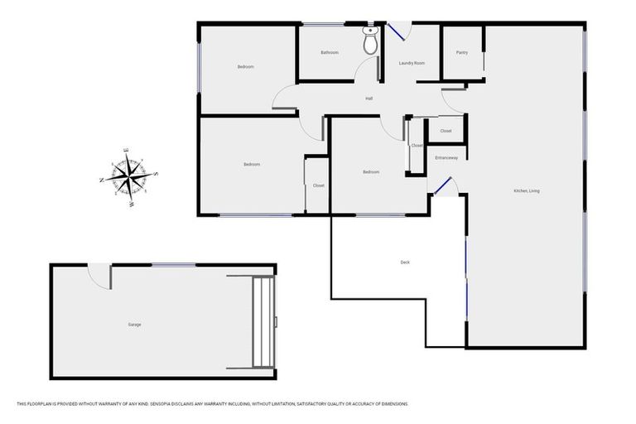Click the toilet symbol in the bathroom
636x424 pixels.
click(x=370, y=41)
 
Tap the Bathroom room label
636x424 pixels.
click(x=330, y=53)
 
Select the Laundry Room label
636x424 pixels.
click(x=412, y=63)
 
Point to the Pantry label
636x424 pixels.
click(x=462, y=53)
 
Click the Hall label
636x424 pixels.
click(x=369, y=99)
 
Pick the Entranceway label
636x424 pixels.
click(x=446, y=157)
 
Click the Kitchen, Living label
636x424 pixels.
click(x=527, y=191)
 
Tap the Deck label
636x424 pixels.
click(x=405, y=263)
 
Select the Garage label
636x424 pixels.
click(x=134, y=325)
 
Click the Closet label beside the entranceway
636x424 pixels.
click(x=446, y=131)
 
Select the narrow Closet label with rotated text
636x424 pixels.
click(x=417, y=146)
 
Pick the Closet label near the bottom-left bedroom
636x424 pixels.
click(x=319, y=185)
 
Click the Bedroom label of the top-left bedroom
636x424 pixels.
click(x=246, y=67)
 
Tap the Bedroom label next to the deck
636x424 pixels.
click(x=371, y=172)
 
